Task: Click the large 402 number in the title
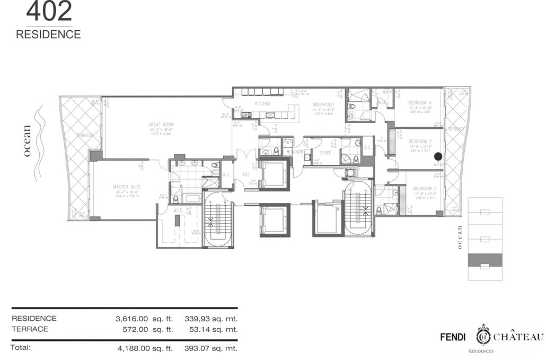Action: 49,12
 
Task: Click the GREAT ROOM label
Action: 161,125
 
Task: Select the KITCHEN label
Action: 263,103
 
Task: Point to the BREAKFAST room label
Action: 322,105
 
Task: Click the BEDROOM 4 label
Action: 419,102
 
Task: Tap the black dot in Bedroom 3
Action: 438,156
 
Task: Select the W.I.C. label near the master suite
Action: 178,210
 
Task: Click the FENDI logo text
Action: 454,337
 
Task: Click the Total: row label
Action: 21,348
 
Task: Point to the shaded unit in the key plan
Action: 485,260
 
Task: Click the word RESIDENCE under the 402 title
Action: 48,34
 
